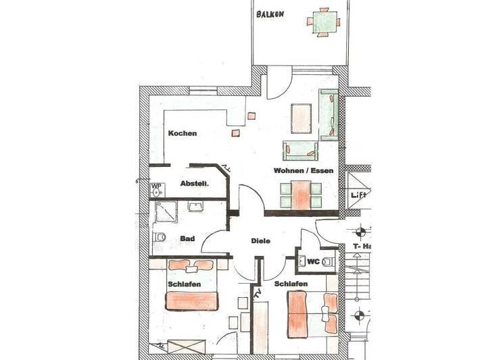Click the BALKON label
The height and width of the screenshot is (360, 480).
[x=269, y=14]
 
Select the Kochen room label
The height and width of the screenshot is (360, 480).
[x=183, y=133]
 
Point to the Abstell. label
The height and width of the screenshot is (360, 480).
[x=194, y=183]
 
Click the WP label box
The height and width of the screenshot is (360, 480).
[x=155, y=186]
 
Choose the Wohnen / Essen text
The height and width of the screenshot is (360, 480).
[x=303, y=171]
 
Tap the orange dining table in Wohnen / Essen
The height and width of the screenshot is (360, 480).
[x=300, y=195]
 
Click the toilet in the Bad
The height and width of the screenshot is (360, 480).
[x=160, y=237]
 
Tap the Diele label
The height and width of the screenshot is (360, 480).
[x=260, y=240]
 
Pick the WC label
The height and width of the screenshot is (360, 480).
[x=312, y=261]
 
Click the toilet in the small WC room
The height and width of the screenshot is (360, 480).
[x=328, y=261]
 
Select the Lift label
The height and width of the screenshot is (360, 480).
[x=358, y=195]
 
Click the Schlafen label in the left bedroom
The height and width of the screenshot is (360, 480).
[x=184, y=284]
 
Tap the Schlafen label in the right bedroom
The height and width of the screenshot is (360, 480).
[x=291, y=284]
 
